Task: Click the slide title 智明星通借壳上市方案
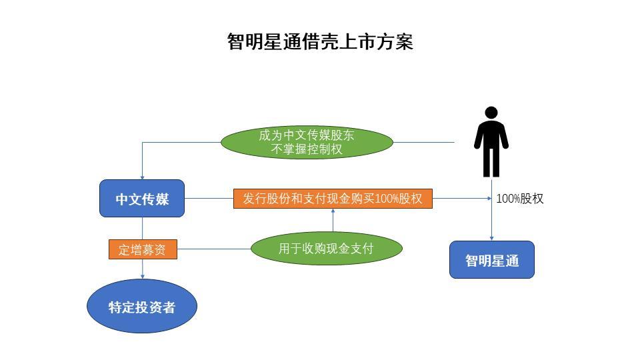pos(320,41)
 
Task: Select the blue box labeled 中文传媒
pos(142,199)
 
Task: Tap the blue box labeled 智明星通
pos(491,260)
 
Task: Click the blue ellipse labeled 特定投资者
pos(142,307)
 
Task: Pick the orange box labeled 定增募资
pos(143,249)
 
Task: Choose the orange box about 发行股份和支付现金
pos(333,199)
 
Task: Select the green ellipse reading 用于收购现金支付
pos(326,249)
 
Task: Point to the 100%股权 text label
pos(520,199)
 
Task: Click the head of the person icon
pos(491,113)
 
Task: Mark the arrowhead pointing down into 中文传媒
pos(142,177)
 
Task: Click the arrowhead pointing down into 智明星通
pos(491,238)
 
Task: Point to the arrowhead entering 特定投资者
pos(142,276)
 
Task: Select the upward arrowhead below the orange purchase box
pos(333,211)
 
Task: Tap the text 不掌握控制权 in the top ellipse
pos(307,149)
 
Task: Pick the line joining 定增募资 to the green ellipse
pos(213,249)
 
